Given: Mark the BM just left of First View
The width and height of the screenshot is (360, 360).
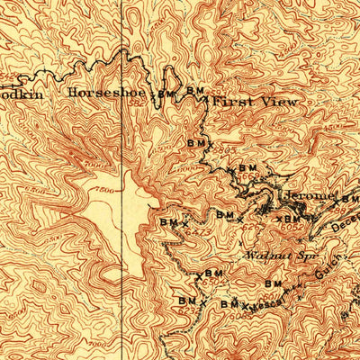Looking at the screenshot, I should (x=195, y=91).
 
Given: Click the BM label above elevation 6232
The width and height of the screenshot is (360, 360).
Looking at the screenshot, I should (x=187, y=301).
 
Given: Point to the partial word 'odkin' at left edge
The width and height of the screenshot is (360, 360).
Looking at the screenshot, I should (x=18, y=92).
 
